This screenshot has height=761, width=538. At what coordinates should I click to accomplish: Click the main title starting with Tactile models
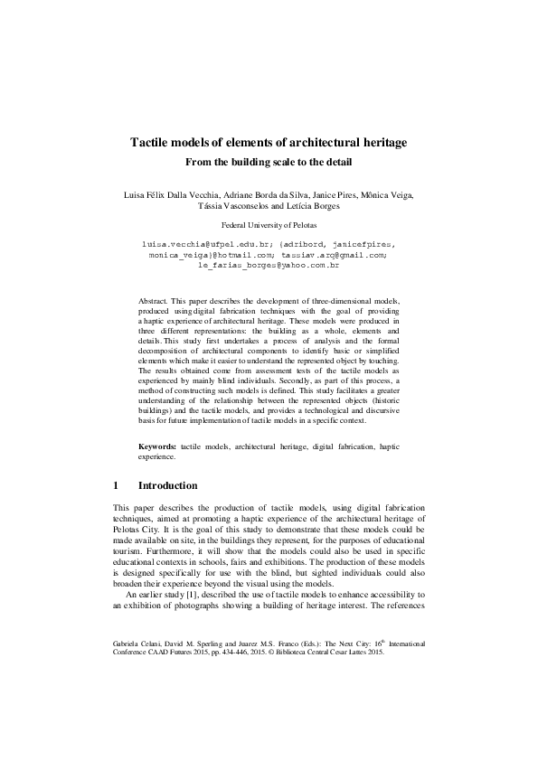[269, 143]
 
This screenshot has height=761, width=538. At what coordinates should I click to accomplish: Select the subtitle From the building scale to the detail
[269, 163]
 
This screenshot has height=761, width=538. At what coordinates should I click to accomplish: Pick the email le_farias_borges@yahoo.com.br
[269, 267]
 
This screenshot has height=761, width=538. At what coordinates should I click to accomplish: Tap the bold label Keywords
[157, 447]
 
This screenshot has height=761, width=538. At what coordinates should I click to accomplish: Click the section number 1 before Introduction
[116, 485]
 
